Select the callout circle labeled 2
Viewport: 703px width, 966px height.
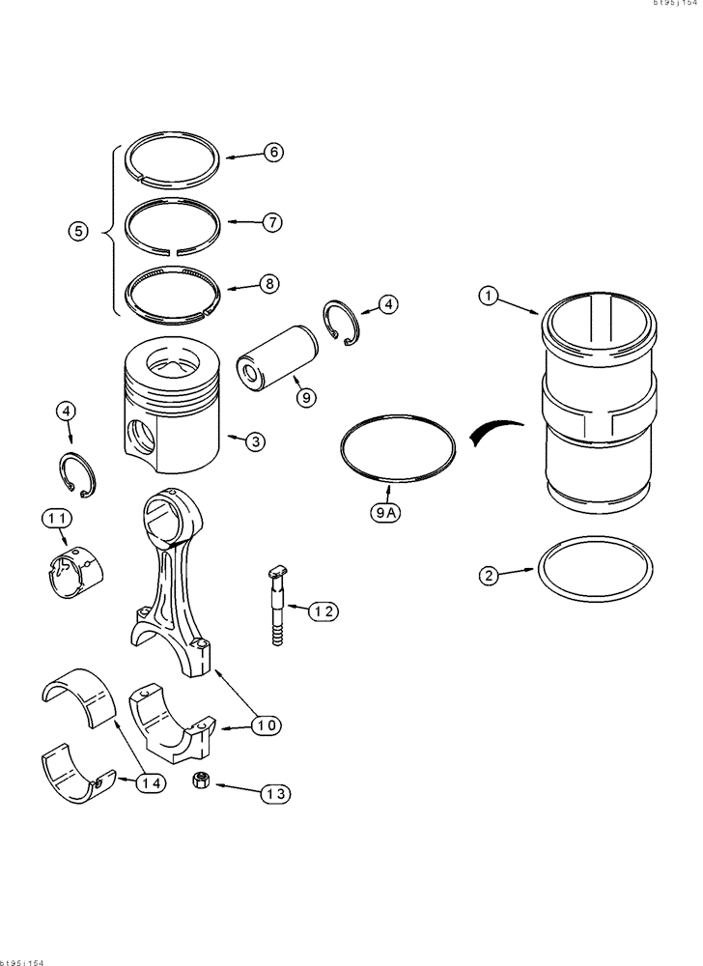click(490, 576)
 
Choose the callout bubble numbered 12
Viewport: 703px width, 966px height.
click(324, 611)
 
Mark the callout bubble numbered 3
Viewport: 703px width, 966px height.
click(253, 441)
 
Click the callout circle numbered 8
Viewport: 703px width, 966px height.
click(270, 284)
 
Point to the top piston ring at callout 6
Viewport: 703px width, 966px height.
click(175, 156)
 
